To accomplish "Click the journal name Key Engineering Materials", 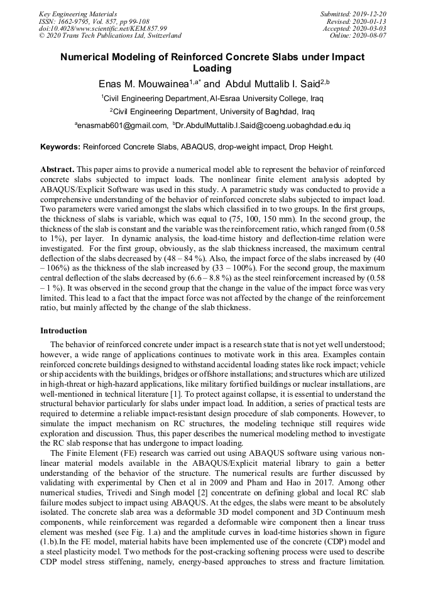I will pos(77,13).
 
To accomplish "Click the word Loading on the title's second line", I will pos(212,68).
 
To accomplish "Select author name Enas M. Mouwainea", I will pos(145,83).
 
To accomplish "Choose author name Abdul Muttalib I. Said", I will pos(270,83).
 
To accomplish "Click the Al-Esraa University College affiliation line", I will pos(213,98).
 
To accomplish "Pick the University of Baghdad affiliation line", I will pos(212,112).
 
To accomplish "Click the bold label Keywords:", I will pos(60,147).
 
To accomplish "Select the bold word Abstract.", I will pos(57,169).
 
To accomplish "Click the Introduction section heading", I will pos(64,330).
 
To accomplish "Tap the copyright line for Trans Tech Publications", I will pos(110,36).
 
